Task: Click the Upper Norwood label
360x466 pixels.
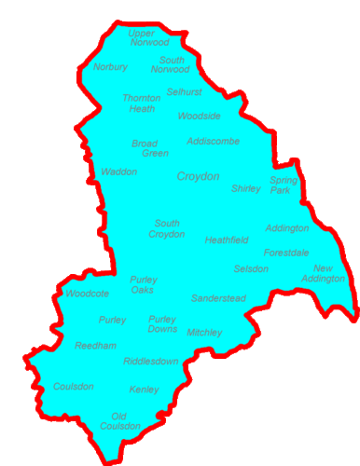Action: click(x=149, y=37)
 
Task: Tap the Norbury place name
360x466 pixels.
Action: click(x=110, y=67)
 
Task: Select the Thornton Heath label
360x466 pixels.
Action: click(x=141, y=103)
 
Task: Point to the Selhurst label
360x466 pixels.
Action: click(x=184, y=92)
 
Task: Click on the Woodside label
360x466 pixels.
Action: click(x=200, y=116)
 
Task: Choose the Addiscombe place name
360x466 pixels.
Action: click(x=213, y=142)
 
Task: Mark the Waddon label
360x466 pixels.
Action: click(x=119, y=172)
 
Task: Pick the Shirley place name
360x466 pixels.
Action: click(x=246, y=188)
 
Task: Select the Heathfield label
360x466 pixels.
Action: click(x=227, y=240)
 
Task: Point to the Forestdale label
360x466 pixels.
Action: click(x=286, y=253)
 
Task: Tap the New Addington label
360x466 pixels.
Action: click(x=329, y=273)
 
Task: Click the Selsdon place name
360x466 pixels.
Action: click(x=251, y=269)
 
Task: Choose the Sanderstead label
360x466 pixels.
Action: click(x=218, y=298)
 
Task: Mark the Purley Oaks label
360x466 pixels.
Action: click(x=143, y=284)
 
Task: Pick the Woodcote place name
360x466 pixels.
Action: click(x=88, y=294)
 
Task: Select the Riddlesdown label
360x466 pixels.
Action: click(x=151, y=362)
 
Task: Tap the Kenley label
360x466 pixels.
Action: click(x=145, y=389)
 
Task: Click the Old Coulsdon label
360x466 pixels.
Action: click(x=126, y=420)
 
